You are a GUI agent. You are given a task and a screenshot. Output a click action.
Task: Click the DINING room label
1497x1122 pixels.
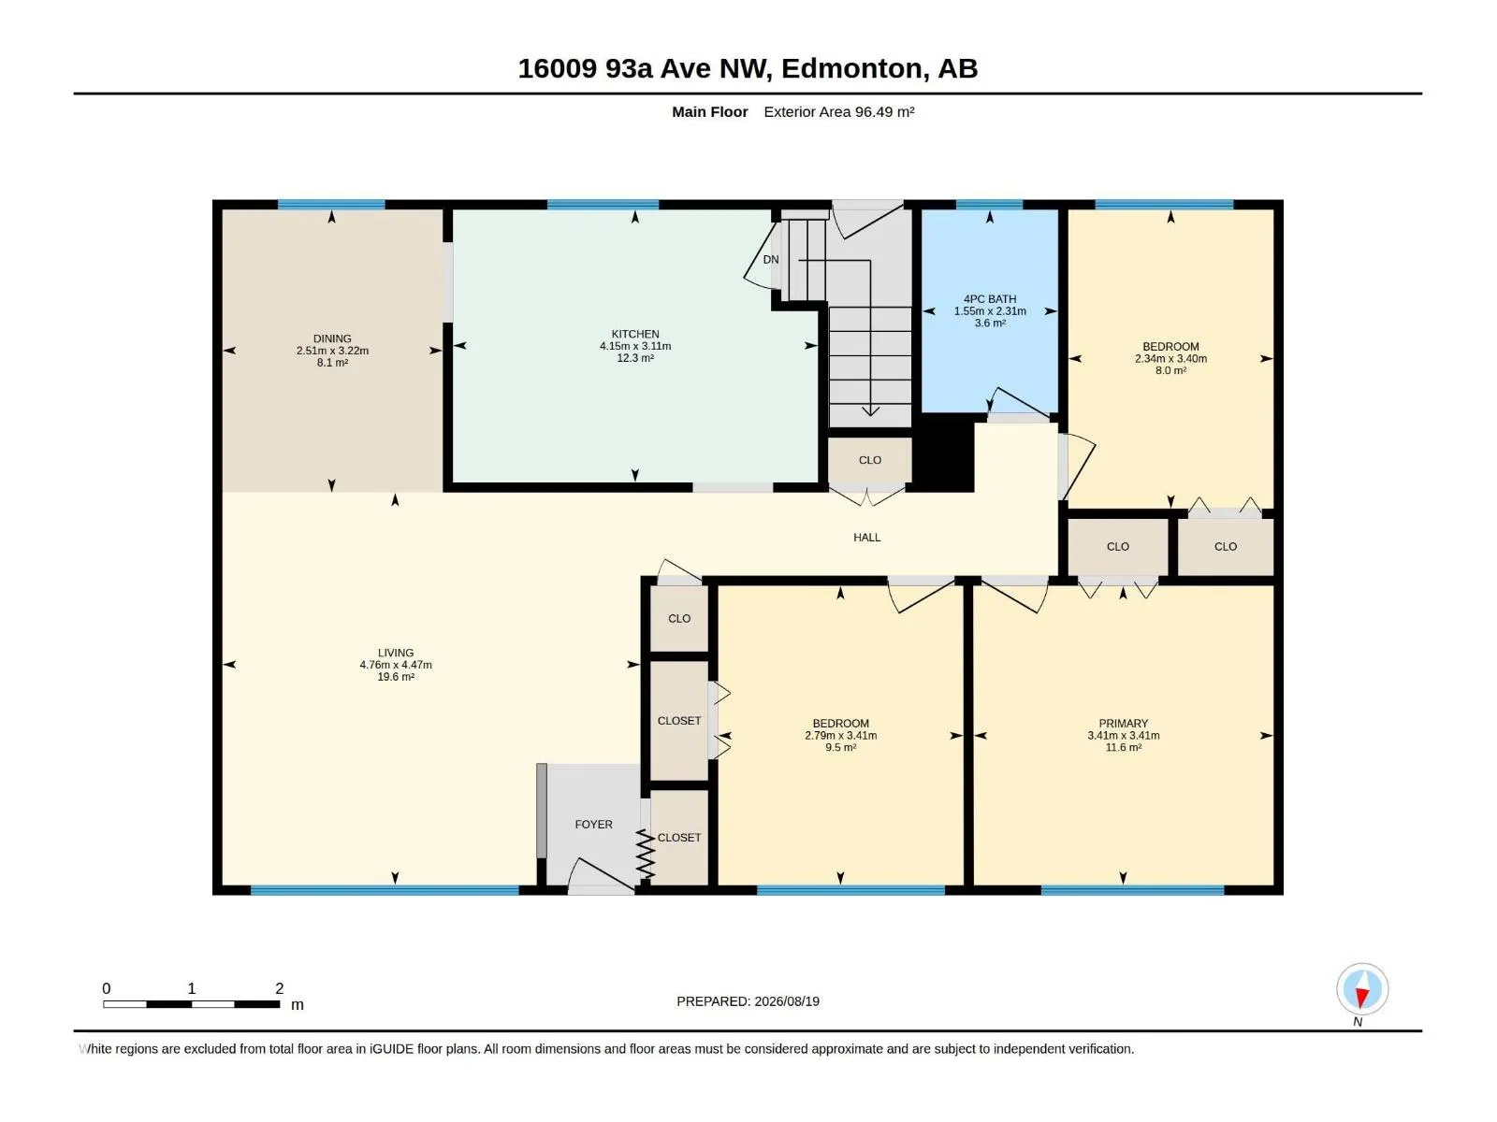(332, 338)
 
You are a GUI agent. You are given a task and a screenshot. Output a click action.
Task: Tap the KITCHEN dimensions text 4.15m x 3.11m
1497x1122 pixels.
(635, 346)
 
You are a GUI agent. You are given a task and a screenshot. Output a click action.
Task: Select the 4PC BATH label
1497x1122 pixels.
(990, 299)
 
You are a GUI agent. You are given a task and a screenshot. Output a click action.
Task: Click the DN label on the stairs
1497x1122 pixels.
(771, 260)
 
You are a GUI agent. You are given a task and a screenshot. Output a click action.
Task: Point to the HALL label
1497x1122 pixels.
(866, 538)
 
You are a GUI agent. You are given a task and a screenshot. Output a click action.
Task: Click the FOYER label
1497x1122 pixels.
(593, 825)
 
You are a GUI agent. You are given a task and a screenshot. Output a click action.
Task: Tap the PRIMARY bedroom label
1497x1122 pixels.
(1124, 724)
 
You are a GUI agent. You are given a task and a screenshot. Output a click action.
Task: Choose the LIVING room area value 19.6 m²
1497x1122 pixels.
(396, 676)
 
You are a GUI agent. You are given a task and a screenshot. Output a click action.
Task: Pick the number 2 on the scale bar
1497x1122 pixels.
(279, 988)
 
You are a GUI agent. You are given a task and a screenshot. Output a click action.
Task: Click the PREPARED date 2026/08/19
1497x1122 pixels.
(786, 1001)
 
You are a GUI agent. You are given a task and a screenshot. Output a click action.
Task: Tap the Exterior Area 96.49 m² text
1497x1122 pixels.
(839, 111)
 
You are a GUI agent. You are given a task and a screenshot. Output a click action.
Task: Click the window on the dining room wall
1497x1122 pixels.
(331, 205)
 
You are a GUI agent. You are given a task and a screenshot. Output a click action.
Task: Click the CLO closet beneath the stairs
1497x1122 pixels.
(869, 461)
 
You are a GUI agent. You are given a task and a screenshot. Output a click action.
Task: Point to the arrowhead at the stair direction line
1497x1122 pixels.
(870, 410)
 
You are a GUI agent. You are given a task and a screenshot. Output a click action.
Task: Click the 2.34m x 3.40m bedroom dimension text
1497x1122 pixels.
(1170, 358)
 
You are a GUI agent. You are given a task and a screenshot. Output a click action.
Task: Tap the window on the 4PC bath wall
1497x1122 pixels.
(989, 205)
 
